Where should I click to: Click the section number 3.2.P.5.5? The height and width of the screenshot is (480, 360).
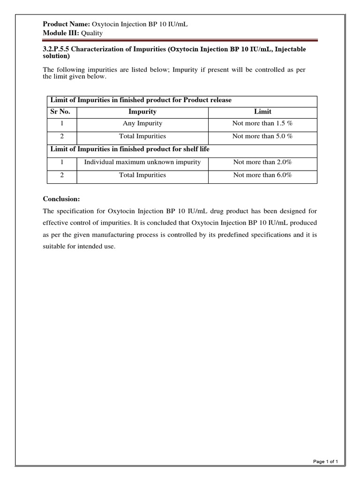pos(57,49)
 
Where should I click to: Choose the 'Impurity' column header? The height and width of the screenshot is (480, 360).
pos(142,112)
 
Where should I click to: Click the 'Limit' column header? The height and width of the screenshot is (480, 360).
pos(262,112)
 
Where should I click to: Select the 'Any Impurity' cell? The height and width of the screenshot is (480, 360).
pos(142,124)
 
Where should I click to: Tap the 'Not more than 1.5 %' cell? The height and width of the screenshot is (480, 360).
pos(262,124)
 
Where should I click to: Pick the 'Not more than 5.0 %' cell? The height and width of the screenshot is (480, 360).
pos(262,136)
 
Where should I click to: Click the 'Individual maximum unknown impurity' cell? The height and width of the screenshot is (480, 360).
pos(142,162)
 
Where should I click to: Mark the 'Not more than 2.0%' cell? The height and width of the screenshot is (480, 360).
pos(262,162)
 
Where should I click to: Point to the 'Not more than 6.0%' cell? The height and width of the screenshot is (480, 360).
pos(262,175)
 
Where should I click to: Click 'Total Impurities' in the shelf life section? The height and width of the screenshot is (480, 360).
pos(142,175)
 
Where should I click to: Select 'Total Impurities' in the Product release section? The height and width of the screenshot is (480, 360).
pos(142,136)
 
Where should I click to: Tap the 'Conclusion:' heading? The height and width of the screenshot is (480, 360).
pos(62,199)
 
